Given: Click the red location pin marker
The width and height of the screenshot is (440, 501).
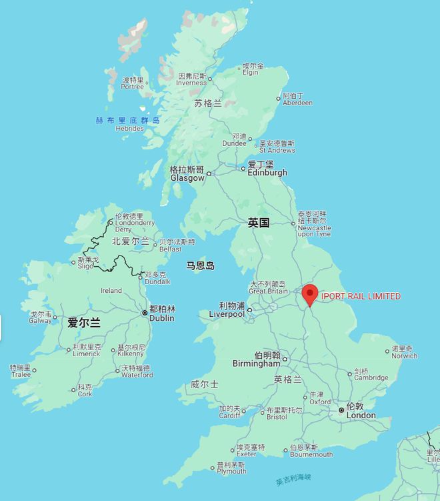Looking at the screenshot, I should click(x=310, y=294).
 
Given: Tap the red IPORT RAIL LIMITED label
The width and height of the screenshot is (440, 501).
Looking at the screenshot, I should click(x=361, y=296).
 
